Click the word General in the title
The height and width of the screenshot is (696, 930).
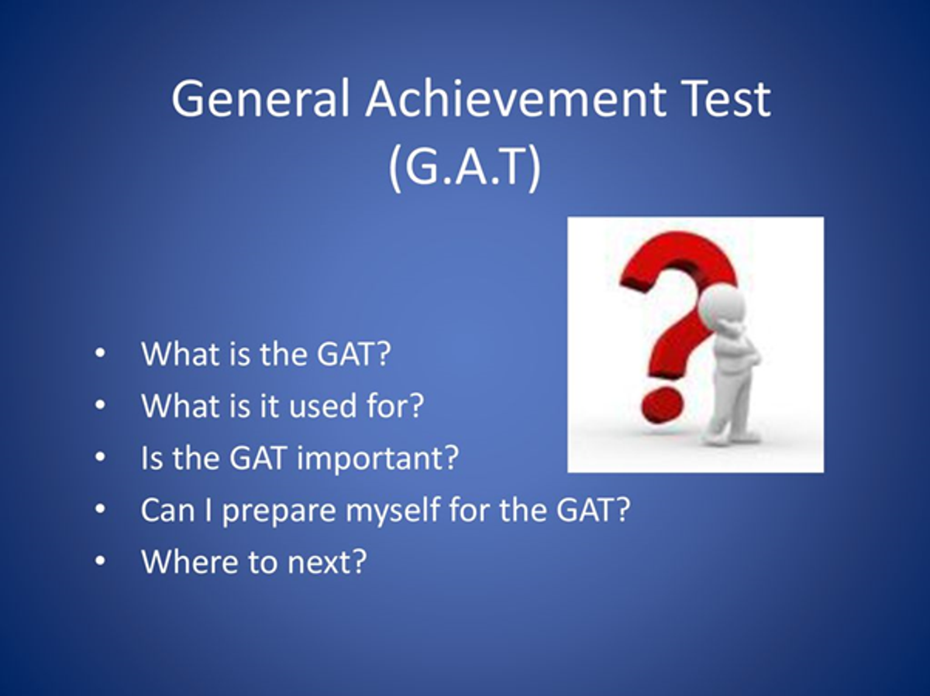coord(260,98)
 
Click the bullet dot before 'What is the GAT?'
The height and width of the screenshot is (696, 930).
coord(101,353)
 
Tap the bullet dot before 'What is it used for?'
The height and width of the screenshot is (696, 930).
coord(101,405)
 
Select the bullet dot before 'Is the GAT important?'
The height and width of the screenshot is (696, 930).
coord(101,457)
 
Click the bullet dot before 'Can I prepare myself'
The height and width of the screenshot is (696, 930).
coord(101,509)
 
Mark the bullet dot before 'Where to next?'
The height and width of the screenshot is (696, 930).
coord(101,561)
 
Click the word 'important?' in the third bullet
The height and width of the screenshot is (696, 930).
coord(378,459)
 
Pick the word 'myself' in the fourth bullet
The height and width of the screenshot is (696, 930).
coord(393,511)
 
